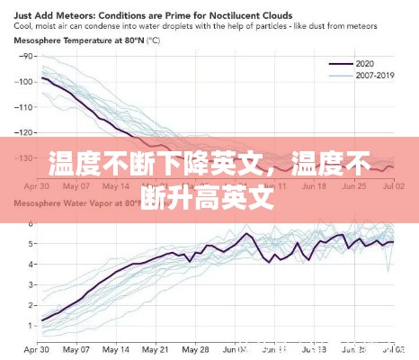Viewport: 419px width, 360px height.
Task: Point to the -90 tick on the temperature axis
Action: [x=25, y=57]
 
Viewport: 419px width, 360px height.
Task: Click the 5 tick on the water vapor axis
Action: [x=31, y=243]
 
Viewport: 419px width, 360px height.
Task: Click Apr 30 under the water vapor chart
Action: [x=36, y=348]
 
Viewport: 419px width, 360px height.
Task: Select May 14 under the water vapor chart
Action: [x=117, y=348]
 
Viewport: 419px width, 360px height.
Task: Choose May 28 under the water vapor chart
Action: [x=196, y=348]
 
